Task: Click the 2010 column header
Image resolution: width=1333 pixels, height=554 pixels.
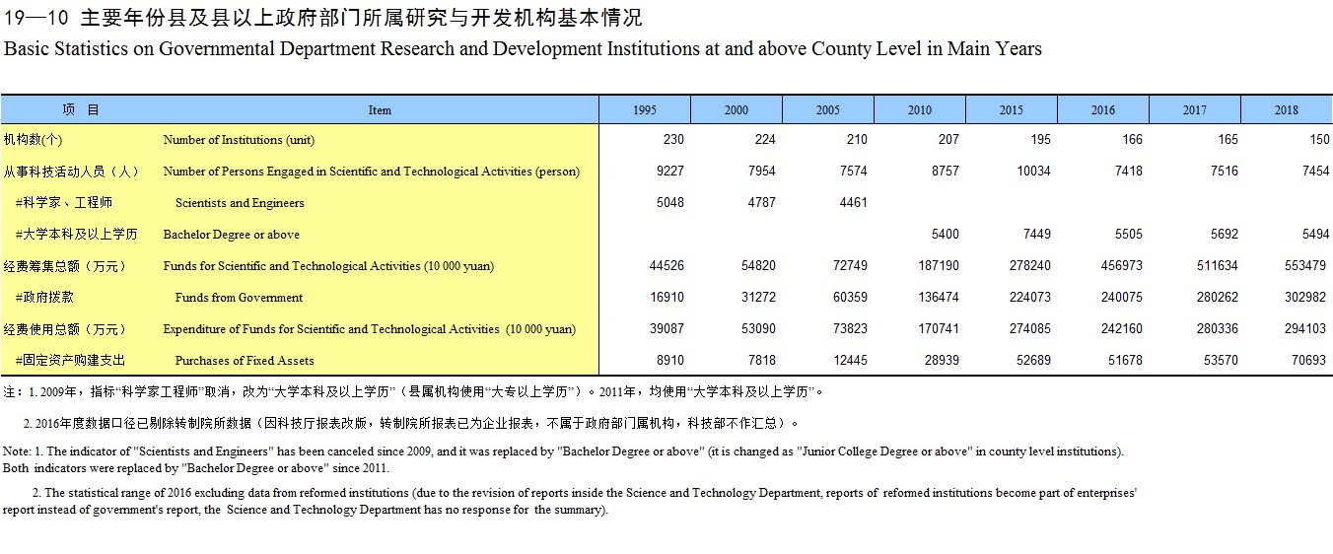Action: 920,110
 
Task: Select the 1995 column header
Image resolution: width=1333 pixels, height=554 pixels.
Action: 645,110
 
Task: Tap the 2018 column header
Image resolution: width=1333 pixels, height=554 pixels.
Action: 1286,110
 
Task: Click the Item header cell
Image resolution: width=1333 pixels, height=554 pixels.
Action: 380,110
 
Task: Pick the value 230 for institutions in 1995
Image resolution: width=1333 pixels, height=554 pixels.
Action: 673,139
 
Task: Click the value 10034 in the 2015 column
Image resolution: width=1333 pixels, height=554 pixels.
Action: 1033,171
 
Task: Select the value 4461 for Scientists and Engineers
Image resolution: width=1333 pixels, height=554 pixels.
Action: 854,202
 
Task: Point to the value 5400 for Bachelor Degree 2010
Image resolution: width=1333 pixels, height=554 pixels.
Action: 945,234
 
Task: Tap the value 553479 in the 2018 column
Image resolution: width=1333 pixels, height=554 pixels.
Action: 1305,265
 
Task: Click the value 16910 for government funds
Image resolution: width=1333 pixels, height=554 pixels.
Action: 666,297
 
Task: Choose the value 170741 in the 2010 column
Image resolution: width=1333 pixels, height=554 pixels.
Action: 939,328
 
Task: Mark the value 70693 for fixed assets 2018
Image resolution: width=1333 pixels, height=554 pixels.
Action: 1308,360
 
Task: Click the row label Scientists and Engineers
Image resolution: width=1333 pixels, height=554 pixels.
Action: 240,203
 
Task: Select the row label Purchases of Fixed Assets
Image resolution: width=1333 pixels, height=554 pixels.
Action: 245,361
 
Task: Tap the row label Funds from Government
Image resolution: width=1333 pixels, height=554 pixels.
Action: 239,298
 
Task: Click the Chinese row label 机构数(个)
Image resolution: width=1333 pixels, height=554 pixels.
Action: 33,140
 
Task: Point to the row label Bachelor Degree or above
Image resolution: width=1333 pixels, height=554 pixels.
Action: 232,235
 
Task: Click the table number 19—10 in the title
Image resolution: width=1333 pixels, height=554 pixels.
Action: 36,18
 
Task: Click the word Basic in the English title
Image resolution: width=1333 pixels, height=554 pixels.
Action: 27,48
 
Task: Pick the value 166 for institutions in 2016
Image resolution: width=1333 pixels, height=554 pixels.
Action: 1132,139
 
